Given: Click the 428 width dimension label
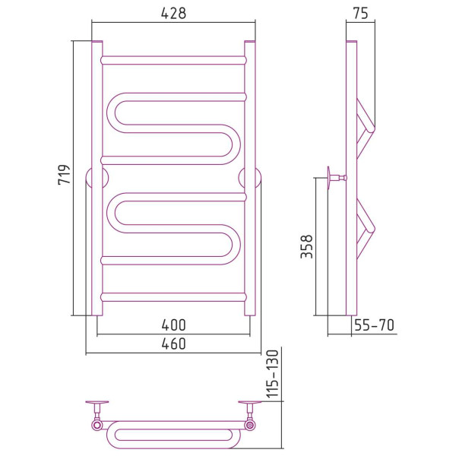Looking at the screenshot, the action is pos(173,13).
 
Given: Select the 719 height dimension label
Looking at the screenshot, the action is pos(65,175).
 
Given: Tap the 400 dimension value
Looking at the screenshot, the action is pos(173,325).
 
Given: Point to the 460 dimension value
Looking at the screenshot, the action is pos(173,344).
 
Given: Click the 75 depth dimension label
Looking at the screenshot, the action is pos(360,13).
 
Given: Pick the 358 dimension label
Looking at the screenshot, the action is pos(306,246).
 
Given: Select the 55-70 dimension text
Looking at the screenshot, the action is pos(374,325).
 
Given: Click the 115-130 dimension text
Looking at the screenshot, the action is pos(273,374).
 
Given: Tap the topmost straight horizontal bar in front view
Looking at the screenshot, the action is pos(173,60).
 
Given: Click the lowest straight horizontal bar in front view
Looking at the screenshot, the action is pos(173,297).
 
